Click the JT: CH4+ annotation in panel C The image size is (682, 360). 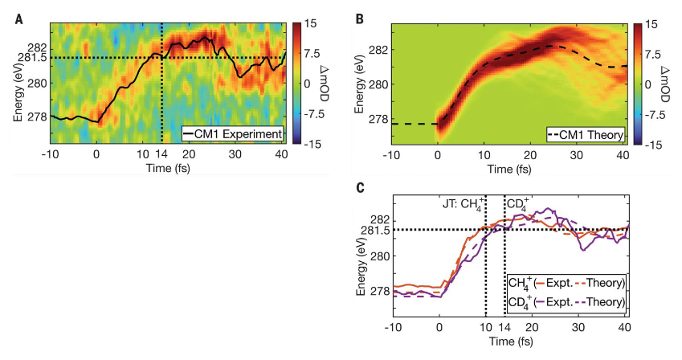pyautogui.click(x=463, y=203)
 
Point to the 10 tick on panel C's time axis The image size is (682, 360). pyautogui.click(x=485, y=328)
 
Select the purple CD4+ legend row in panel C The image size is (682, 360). pyautogui.click(x=566, y=302)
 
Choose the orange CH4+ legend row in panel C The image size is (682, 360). pyautogui.click(x=566, y=284)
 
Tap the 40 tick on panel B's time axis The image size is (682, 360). pyautogui.click(x=623, y=155)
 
